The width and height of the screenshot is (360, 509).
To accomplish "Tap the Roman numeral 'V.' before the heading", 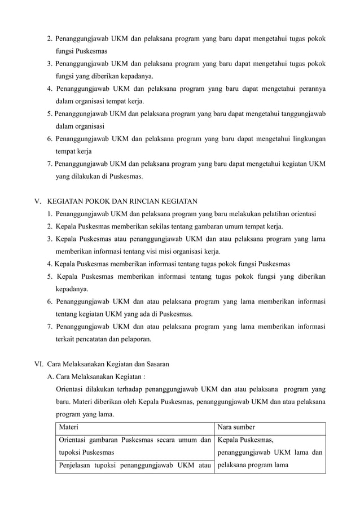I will (x=38, y=201).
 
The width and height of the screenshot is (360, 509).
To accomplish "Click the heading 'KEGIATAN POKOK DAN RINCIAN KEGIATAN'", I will (x=122, y=201).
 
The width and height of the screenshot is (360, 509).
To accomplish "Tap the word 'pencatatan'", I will (x=100, y=340).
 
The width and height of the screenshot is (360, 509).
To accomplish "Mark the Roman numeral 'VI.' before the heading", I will (x=39, y=364).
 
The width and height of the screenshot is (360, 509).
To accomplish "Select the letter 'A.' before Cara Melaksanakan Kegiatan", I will (x=51, y=377).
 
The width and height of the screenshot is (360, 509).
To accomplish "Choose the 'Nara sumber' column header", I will (x=236, y=427).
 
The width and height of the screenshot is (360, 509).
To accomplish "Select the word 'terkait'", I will (x=65, y=340).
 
